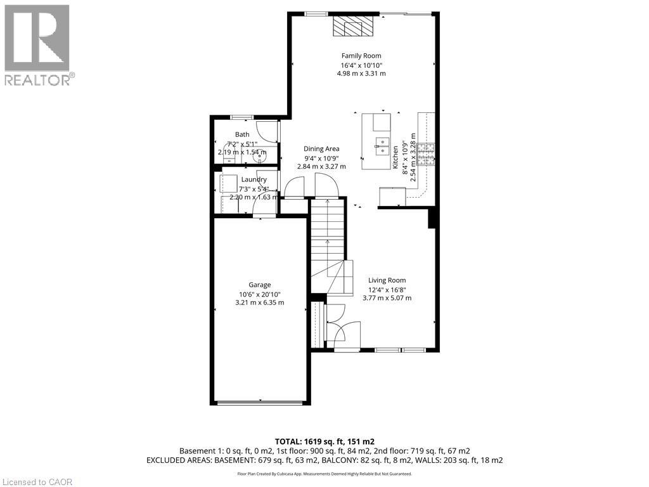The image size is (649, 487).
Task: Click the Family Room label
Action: pyautogui.click(x=361, y=56)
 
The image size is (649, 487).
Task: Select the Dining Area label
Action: pyautogui.click(x=321, y=148)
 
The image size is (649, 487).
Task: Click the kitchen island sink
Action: pyautogui.click(x=382, y=146)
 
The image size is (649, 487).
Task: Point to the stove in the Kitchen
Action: pyautogui.click(x=425, y=154)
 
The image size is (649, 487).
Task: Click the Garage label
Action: pyautogui.click(x=259, y=285)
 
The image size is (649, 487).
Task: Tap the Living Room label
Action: pyautogui.click(x=387, y=280)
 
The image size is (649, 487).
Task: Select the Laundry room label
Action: pyautogui.click(x=254, y=179)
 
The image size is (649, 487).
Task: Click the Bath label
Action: pyautogui.click(x=242, y=134)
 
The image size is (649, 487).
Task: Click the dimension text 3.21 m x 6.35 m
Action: pyautogui.click(x=259, y=302)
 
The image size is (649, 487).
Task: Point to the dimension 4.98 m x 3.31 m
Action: pyautogui.click(x=361, y=74)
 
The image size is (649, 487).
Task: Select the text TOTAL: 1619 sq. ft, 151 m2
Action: pyautogui.click(x=324, y=441)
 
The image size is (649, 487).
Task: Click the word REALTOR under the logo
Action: pyautogui.click(x=37, y=80)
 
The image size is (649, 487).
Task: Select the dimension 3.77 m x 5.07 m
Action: pyautogui.click(x=387, y=298)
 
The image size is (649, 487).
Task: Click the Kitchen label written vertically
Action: pyautogui.click(x=395, y=157)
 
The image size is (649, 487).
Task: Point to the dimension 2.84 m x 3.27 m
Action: pyautogui.click(x=321, y=167)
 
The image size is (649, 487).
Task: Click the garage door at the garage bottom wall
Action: pyautogui.click(x=260, y=402)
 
